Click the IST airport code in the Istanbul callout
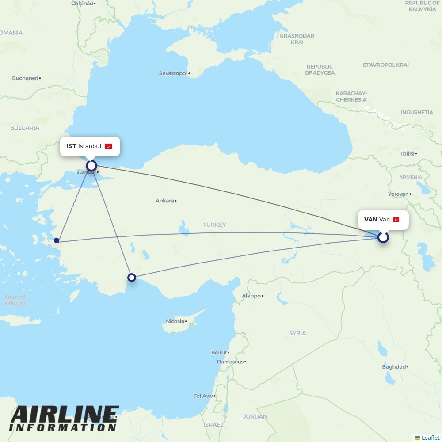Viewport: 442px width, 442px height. [x=71, y=146]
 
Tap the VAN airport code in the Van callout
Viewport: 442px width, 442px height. [x=370, y=220]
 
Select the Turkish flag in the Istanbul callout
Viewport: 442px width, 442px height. [x=108, y=146]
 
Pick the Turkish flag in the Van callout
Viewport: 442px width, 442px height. [x=396, y=220]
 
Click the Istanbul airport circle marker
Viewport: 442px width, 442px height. [x=91, y=166]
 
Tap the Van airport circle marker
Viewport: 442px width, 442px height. [x=383, y=237]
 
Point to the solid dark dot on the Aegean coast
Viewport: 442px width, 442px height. [x=57, y=240]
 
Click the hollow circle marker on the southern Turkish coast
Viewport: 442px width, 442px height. [x=132, y=278]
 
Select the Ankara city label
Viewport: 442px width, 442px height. [x=165, y=201]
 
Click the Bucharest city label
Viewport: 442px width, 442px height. [x=25, y=78]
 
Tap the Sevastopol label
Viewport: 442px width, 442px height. [x=173, y=73]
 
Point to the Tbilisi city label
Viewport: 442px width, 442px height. [x=407, y=154]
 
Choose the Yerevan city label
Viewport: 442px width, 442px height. [x=398, y=194]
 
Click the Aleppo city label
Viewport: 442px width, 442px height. [x=251, y=296]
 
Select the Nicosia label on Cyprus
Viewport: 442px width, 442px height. [x=175, y=321]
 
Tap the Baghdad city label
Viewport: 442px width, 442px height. [x=394, y=367]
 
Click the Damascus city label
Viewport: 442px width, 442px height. [x=230, y=362]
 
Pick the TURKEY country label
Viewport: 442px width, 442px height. [x=214, y=225]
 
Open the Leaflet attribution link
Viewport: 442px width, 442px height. [x=431, y=438]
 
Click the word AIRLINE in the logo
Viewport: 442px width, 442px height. [x=65, y=415]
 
